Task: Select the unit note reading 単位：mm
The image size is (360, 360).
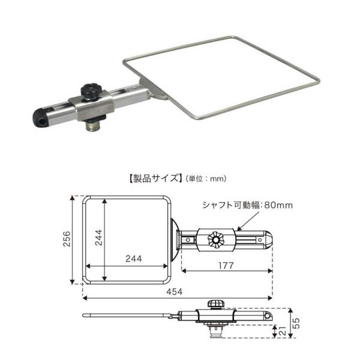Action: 203,179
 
